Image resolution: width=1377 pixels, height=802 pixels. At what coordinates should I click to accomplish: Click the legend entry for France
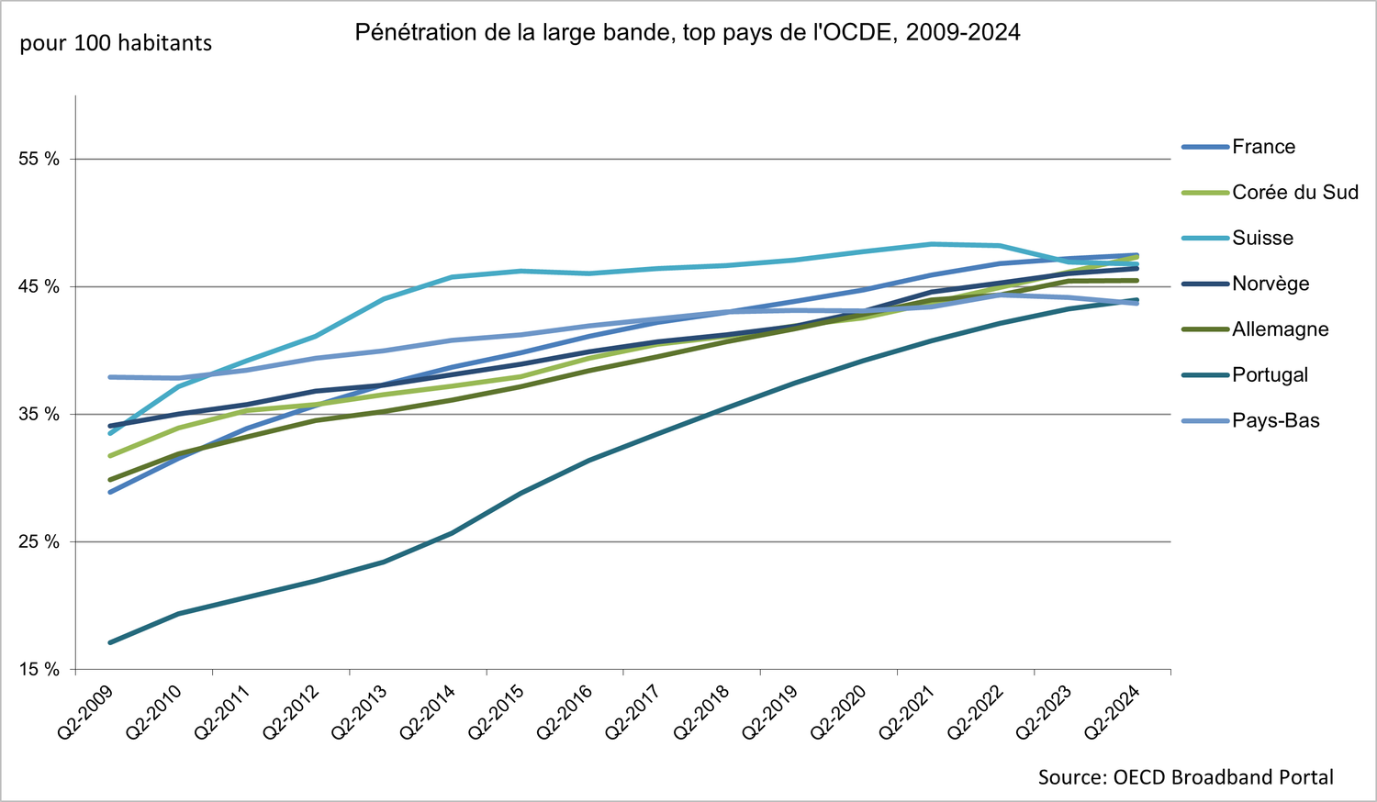(x=1263, y=147)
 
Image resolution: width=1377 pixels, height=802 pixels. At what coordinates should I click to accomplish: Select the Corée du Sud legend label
(x=1294, y=193)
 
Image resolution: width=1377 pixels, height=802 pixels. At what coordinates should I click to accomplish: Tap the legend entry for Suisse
(x=1262, y=239)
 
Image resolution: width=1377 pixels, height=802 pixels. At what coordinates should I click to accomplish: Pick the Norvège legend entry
(x=1271, y=284)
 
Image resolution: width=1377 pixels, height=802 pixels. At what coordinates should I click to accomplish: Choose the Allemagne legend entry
(x=1280, y=329)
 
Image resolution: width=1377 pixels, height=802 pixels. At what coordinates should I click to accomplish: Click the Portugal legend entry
(x=1270, y=375)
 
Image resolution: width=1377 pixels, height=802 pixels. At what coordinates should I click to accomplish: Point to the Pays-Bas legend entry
(x=1275, y=421)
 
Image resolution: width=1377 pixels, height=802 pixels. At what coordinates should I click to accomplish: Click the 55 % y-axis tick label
(x=39, y=160)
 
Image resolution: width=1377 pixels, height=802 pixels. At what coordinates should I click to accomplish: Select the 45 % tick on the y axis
(x=39, y=287)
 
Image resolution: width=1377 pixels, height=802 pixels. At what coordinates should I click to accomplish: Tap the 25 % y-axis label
(x=39, y=542)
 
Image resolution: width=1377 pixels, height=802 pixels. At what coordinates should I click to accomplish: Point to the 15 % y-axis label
(x=39, y=670)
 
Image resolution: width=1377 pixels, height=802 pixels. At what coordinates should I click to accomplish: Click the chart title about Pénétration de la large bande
(x=688, y=33)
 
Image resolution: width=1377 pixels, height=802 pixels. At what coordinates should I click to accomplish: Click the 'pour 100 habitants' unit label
(x=116, y=43)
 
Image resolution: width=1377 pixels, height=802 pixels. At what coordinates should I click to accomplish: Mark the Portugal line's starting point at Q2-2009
(x=110, y=642)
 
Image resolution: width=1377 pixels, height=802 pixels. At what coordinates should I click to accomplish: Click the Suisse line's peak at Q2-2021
(x=932, y=244)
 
